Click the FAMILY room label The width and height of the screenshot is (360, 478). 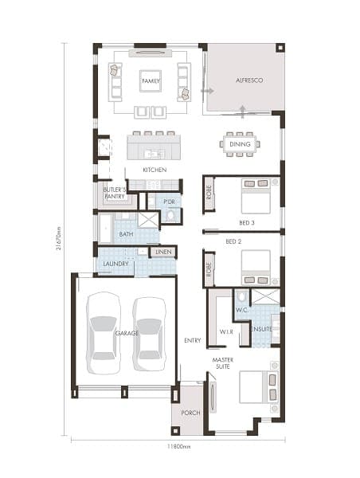151,81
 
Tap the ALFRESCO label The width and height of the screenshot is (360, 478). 249,80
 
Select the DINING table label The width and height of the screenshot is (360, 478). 240,144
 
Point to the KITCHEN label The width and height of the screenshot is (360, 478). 155,170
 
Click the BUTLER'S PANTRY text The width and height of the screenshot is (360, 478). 115,194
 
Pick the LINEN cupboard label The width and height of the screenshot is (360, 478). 164,252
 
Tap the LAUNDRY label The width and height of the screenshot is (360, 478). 115,264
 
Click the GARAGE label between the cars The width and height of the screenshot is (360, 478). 127,333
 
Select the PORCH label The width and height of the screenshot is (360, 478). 191,413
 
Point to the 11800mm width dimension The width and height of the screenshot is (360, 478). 179,446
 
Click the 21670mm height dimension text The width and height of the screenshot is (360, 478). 59,238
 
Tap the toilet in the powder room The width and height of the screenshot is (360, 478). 170,215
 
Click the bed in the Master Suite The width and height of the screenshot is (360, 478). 259,387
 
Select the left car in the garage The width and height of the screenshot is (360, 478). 104,333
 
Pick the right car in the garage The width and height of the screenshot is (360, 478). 150,334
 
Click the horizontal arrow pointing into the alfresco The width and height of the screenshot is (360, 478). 207,91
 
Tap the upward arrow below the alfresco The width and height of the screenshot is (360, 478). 243,112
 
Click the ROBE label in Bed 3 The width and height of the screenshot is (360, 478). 209,192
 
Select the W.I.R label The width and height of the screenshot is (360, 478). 226,331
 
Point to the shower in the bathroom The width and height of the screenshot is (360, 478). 148,220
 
